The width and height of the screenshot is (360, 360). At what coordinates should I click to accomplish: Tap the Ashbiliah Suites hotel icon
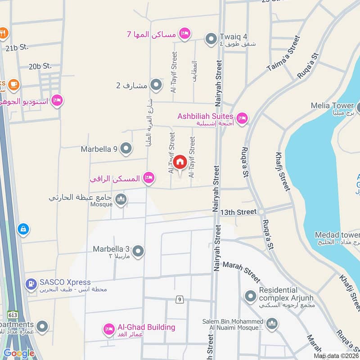[242, 118]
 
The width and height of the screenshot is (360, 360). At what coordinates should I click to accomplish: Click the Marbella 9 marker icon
[126, 148]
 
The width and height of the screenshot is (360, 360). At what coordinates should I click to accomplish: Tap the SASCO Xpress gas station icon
[31, 284]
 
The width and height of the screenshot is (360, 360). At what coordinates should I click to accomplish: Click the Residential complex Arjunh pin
[250, 296]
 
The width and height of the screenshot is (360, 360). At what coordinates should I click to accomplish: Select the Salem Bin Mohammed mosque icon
[272, 323]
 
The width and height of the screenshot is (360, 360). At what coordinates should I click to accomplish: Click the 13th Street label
[239, 211]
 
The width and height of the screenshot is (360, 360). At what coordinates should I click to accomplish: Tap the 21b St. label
[17, 47]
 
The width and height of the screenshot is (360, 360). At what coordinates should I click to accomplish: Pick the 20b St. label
[40, 66]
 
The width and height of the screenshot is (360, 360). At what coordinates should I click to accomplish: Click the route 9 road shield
[179, 299]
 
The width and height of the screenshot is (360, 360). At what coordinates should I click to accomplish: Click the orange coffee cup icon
[13, 84]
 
